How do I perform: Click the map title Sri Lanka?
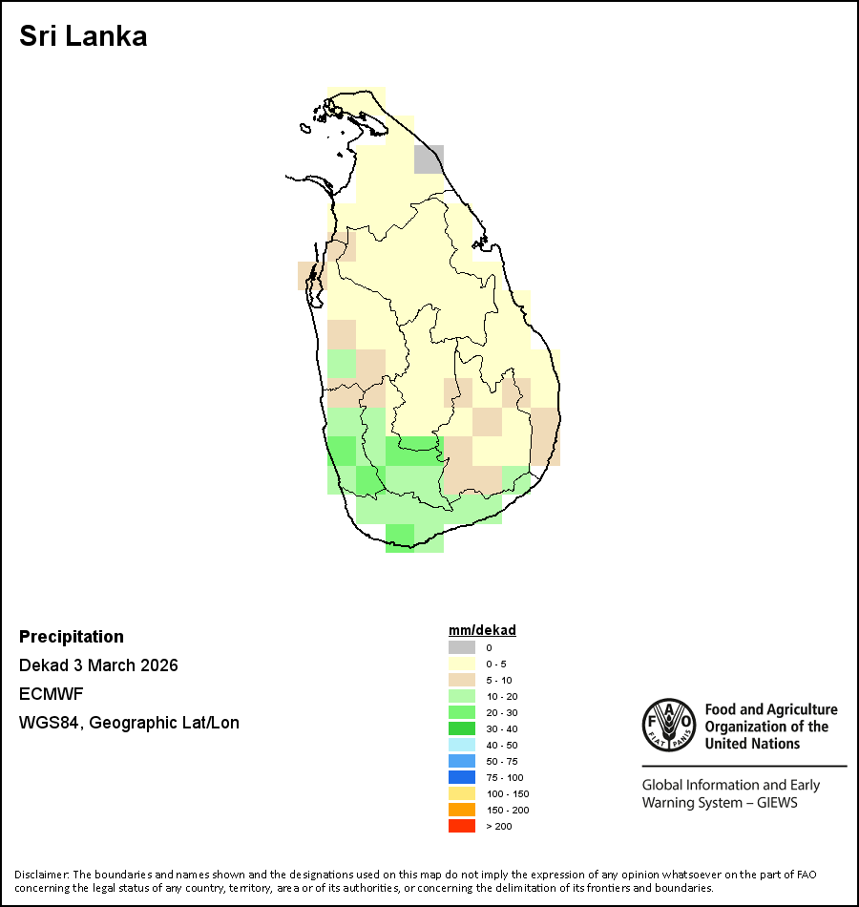[83, 37]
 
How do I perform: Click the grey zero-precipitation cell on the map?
[429, 158]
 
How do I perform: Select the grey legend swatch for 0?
[462, 647]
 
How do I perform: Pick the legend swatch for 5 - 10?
[462, 680]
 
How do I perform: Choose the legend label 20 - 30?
[501, 712]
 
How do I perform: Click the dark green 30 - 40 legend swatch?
[462, 728]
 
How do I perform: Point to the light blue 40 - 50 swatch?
[462, 745]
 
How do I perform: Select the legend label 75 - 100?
[504, 777]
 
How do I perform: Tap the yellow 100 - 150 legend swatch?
[462, 793]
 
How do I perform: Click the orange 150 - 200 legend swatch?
[462, 810]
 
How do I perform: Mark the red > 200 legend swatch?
[462, 826]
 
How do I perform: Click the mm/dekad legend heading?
[482, 630]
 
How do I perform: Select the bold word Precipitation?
[72, 637]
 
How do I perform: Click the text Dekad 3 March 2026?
[98, 665]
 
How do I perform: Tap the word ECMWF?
[50, 694]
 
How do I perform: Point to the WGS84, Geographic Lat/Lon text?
[129, 723]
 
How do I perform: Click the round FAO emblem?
[668, 726]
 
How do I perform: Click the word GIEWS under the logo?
[776, 803]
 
